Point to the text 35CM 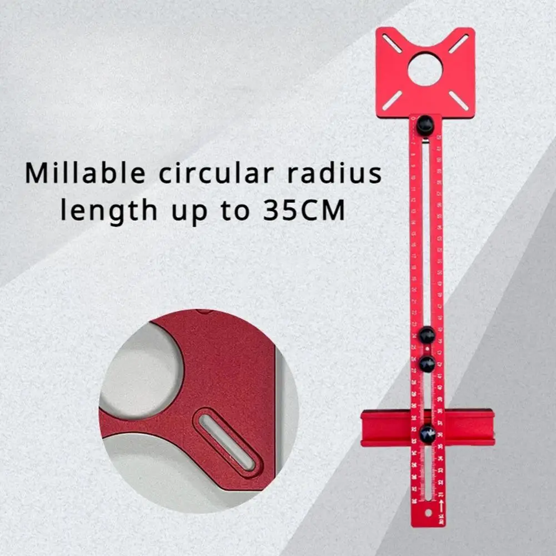(x=304, y=212)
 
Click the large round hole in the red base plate (x=425, y=69)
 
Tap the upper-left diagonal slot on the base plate (x=392, y=43)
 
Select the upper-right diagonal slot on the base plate (x=459, y=43)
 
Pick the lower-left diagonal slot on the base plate (x=393, y=99)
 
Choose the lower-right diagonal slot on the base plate (x=459, y=101)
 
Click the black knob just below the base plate (x=425, y=124)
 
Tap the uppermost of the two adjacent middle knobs (x=427, y=335)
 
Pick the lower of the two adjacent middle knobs (x=427, y=364)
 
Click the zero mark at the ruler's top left (x=413, y=118)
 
